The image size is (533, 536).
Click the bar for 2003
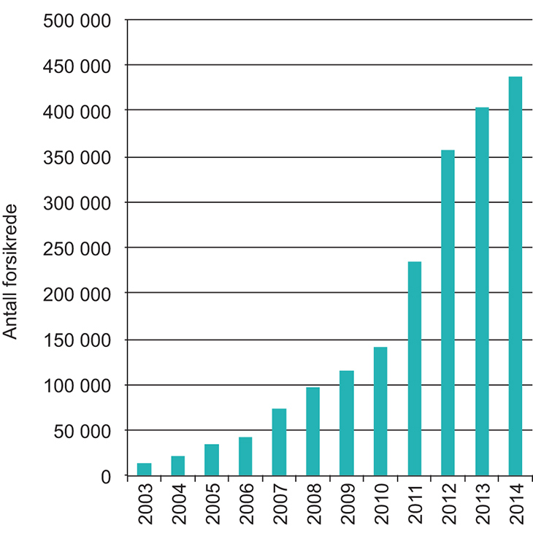click(144, 470)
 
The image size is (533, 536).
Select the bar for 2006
click(245, 456)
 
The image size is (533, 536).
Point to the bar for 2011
click(414, 369)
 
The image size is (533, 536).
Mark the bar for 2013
click(482, 292)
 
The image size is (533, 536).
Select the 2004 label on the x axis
click(178, 505)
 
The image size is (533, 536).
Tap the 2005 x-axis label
click(212, 505)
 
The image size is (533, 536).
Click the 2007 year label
click(279, 505)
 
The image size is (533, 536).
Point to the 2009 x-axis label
click(347, 505)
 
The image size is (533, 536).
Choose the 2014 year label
click(515, 505)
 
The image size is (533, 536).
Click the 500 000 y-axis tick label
click(77, 20)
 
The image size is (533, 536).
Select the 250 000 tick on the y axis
click(77, 249)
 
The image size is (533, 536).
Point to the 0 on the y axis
click(105, 478)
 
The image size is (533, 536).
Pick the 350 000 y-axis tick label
click(77, 158)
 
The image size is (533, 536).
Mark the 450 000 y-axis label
click(77, 66)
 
